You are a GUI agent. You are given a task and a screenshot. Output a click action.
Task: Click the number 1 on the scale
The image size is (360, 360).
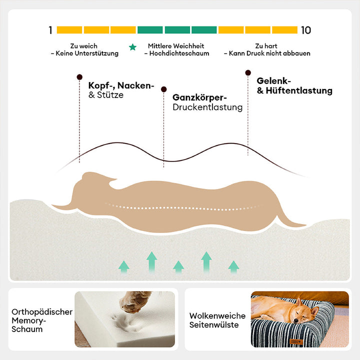click(x=50, y=30)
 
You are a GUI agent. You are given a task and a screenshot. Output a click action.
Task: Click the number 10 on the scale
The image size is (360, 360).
click(x=306, y=30)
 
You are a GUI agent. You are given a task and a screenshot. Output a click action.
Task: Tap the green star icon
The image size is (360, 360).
click(x=132, y=47)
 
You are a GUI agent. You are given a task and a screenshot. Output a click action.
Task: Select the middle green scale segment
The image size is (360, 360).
click(x=177, y=30)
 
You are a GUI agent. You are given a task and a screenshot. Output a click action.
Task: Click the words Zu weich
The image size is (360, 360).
click(x=84, y=46)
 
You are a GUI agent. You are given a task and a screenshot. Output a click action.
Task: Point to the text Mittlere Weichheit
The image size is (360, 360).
click(x=176, y=46)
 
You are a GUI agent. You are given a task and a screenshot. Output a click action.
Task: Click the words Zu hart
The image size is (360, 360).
click(x=266, y=46)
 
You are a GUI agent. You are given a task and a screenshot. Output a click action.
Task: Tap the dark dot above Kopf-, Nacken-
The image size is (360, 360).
click(x=79, y=77)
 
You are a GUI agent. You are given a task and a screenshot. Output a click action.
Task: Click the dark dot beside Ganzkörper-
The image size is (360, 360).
click(x=163, y=89)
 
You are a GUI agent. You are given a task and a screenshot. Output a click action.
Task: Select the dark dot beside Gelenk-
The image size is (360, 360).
click(x=248, y=73)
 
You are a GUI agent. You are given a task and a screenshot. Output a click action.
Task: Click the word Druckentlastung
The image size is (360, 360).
click(x=207, y=107)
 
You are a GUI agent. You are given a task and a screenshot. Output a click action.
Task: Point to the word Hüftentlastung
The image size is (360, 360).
click(x=299, y=90)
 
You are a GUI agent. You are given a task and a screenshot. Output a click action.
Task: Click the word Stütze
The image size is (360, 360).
click(x=110, y=95)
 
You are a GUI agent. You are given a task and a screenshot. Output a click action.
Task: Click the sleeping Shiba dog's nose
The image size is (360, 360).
click(x=296, y=320)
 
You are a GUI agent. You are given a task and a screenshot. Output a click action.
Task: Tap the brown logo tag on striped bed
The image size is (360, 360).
click(x=296, y=342)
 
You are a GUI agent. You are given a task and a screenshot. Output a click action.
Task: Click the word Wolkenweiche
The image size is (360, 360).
click(x=217, y=316)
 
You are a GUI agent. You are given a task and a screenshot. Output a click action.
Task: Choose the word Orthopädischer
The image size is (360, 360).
click(x=42, y=312)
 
